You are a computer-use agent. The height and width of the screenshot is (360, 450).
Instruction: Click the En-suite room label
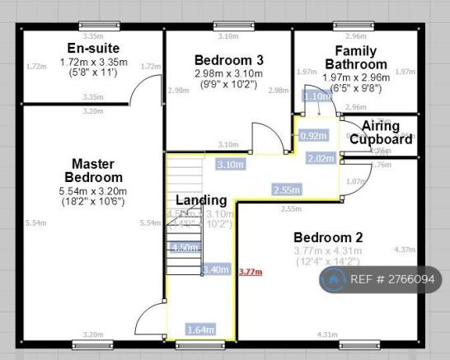93,48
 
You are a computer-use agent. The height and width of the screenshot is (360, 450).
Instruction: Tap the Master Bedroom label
92,171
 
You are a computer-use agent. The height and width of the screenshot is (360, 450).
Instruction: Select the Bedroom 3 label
229,59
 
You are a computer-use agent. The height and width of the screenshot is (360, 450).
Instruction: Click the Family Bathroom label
355,57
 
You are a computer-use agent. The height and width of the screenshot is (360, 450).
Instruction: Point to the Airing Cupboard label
380,133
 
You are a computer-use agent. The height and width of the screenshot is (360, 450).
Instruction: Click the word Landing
201,199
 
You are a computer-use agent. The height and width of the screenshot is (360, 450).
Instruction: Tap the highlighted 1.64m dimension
200,330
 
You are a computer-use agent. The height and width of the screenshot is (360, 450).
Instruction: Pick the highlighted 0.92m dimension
313,136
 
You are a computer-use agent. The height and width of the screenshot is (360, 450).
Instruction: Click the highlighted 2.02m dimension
320,158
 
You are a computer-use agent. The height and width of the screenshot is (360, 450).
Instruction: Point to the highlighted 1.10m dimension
316,96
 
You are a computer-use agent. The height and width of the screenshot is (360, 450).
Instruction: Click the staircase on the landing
183,218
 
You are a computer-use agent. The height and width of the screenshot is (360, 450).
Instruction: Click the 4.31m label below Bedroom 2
327,334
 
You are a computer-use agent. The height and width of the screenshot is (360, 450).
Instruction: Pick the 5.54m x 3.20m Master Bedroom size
92,192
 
